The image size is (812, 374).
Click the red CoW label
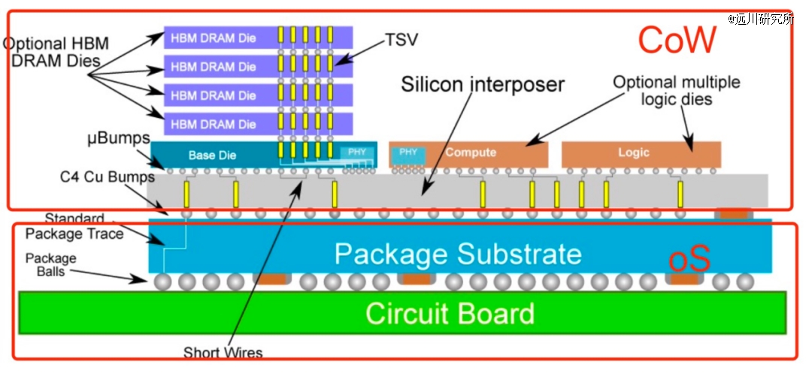tap(677, 40)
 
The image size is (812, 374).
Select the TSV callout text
tap(401, 40)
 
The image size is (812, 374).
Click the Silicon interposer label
tap(483, 84)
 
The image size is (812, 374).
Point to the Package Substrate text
tap(458, 254)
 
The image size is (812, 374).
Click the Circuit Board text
tap(450, 313)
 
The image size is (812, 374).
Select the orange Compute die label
tap(471, 152)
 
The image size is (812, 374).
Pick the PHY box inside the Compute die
tap(408, 153)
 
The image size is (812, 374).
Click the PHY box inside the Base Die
tap(357, 152)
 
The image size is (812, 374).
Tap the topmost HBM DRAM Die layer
tap(259, 38)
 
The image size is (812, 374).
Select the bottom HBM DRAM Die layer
tap(259, 125)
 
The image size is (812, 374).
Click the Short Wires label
tap(223, 353)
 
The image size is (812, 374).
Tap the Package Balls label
tap(51, 264)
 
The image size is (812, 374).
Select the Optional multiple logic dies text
tap(677, 90)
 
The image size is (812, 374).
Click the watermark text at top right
tap(760, 20)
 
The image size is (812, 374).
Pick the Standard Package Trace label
tap(74, 227)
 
